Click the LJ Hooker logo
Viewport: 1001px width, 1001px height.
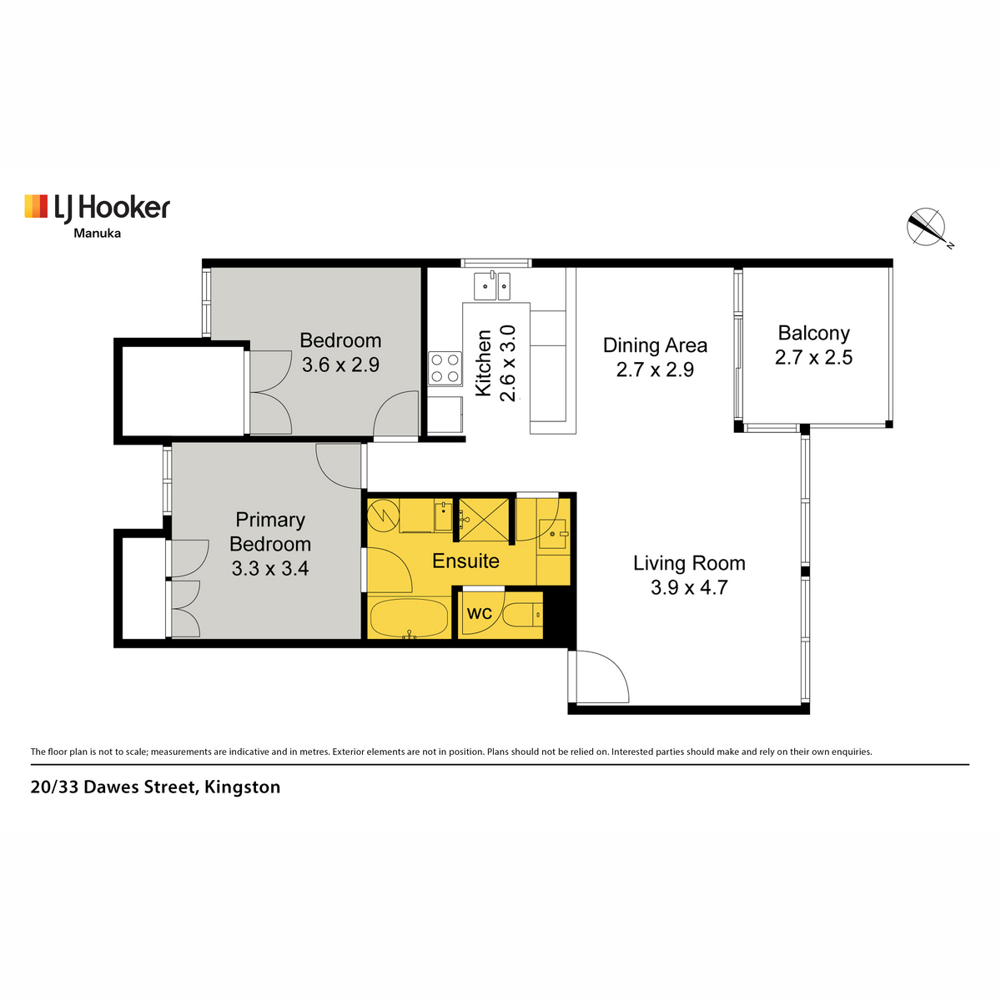(x=97, y=208)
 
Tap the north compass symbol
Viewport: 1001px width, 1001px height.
(x=926, y=228)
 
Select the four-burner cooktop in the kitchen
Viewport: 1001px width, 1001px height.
(x=445, y=369)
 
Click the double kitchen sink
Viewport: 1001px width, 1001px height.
(x=492, y=286)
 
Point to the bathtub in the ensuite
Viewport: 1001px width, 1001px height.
(x=410, y=619)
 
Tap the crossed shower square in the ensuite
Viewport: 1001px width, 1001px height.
(x=484, y=520)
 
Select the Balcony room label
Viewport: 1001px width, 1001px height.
(x=813, y=333)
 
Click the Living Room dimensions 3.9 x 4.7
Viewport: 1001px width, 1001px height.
(x=689, y=587)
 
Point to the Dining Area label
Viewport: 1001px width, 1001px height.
(x=655, y=345)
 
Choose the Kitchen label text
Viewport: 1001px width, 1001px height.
(x=484, y=363)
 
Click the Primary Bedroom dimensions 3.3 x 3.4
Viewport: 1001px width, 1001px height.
(x=270, y=568)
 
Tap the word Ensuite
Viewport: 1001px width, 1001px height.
(x=465, y=561)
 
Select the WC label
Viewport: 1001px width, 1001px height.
(x=479, y=613)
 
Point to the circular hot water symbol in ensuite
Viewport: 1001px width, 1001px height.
(x=383, y=516)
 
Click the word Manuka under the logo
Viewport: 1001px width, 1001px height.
(x=97, y=234)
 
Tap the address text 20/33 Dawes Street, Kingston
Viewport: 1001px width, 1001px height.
(x=155, y=787)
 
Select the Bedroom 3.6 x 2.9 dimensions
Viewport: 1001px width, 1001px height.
(x=340, y=365)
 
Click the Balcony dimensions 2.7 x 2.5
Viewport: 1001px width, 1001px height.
(x=813, y=357)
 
